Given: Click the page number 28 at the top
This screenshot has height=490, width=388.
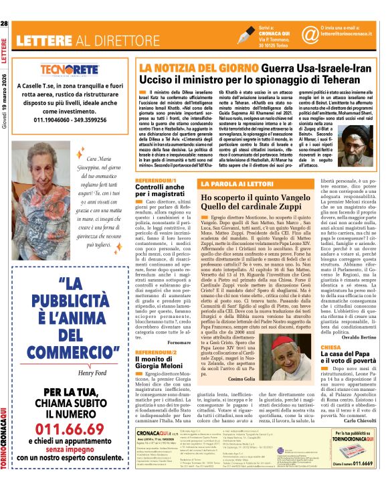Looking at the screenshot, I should pos(5,5).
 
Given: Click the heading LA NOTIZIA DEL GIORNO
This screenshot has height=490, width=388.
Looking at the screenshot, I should pos(185,68).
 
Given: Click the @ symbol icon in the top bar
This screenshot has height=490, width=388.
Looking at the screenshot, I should pos(308,12).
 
